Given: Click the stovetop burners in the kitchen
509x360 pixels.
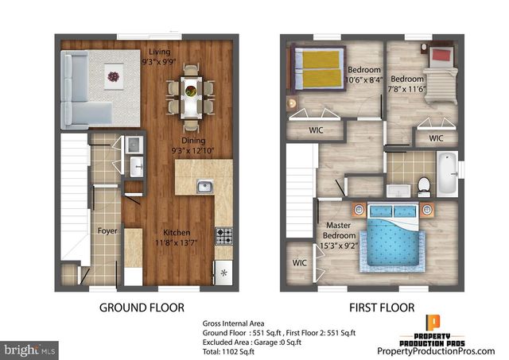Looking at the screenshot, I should [x=224, y=236].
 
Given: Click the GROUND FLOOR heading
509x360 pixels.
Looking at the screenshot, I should [x=142, y=307].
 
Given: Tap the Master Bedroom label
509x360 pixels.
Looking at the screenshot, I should [x=339, y=230].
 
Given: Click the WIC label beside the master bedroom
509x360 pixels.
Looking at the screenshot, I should [x=300, y=261].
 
